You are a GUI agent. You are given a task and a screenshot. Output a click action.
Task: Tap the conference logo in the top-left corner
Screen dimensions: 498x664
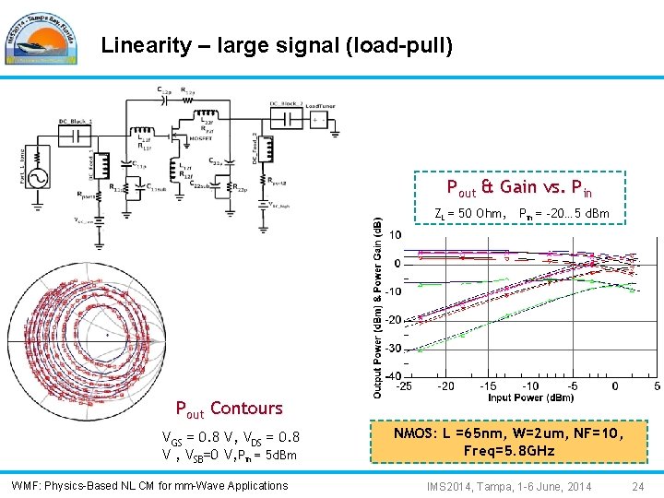pyautogui.click(x=36, y=36)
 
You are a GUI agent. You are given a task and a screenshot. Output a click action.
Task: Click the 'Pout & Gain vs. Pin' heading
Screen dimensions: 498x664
pyautogui.click(x=519, y=188)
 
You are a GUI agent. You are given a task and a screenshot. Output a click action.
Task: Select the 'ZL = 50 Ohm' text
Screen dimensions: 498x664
pyautogui.click(x=469, y=214)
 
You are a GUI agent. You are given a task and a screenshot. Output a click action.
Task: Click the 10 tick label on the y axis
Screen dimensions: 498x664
pyautogui.click(x=394, y=235)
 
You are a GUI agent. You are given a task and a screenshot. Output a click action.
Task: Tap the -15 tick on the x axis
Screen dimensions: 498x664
pyautogui.click(x=488, y=386)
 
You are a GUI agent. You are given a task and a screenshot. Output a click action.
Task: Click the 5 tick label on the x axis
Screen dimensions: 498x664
pyautogui.click(x=656, y=386)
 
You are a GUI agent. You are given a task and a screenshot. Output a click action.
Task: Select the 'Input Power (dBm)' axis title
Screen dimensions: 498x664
pyautogui.click(x=530, y=397)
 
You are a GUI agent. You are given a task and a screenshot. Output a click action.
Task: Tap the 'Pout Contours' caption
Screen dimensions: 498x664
pyautogui.click(x=229, y=408)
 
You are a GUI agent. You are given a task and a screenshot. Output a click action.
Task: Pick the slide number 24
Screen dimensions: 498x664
pyautogui.click(x=637, y=485)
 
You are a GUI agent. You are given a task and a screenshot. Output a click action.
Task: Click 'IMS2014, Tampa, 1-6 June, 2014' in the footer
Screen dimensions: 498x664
pyautogui.click(x=509, y=485)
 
